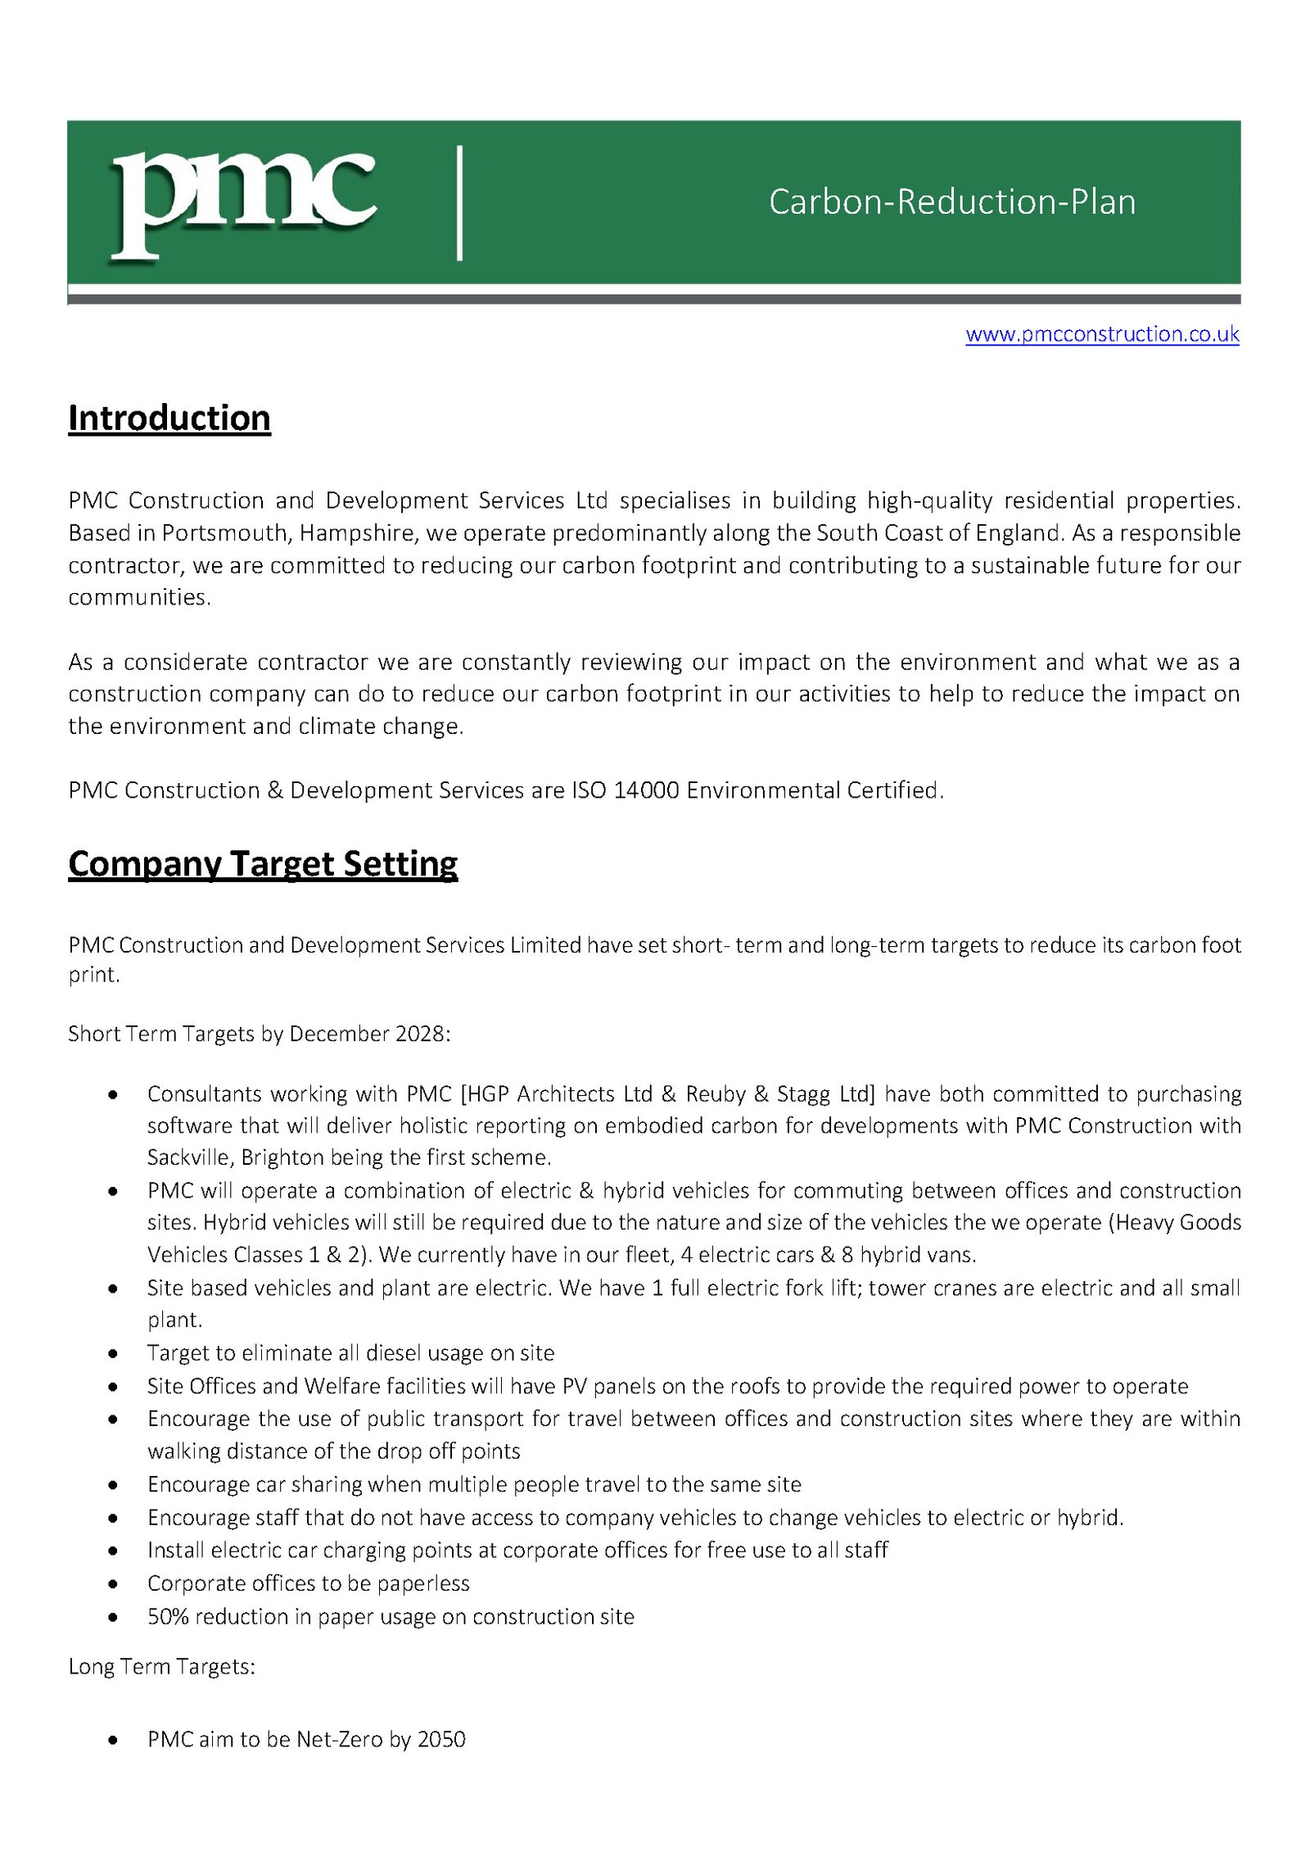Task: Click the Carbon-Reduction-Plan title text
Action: [x=951, y=202]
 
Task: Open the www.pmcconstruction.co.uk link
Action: [x=1101, y=334]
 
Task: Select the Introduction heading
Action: [x=169, y=418]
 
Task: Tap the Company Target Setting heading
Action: [x=263, y=863]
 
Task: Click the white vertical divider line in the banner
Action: [x=459, y=203]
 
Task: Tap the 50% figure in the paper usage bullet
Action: [x=168, y=1617]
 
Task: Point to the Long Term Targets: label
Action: [x=161, y=1667]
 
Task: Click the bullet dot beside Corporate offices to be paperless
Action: [x=114, y=1584]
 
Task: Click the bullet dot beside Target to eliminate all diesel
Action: [x=114, y=1354]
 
